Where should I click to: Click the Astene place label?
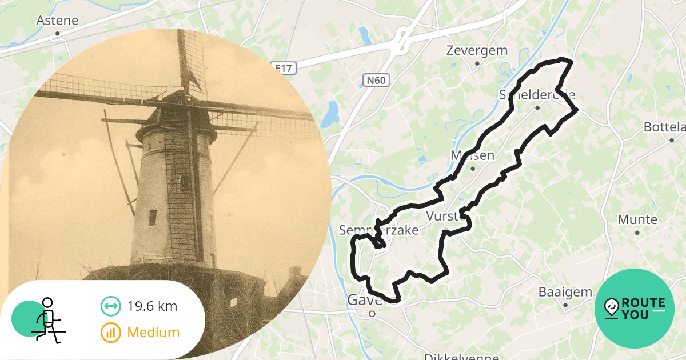[57, 21]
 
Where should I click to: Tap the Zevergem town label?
[477, 50]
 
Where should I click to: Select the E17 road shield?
[284, 69]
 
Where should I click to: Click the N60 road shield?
[376, 80]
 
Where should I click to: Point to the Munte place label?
[637, 219]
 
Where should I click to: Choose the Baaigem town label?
[565, 292]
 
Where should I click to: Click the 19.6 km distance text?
[152, 306]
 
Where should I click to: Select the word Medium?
[153, 332]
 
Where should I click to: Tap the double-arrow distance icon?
[110, 306]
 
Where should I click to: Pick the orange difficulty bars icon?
[110, 332]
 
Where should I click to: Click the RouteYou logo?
[635, 309]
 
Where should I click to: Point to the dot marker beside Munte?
[637, 233]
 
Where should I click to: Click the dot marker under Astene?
[57, 34]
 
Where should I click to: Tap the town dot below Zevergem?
[477, 63]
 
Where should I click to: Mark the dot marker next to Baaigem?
[565, 305]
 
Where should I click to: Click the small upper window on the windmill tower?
[185, 183]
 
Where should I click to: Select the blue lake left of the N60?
[330, 114]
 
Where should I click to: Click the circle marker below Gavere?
[372, 314]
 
